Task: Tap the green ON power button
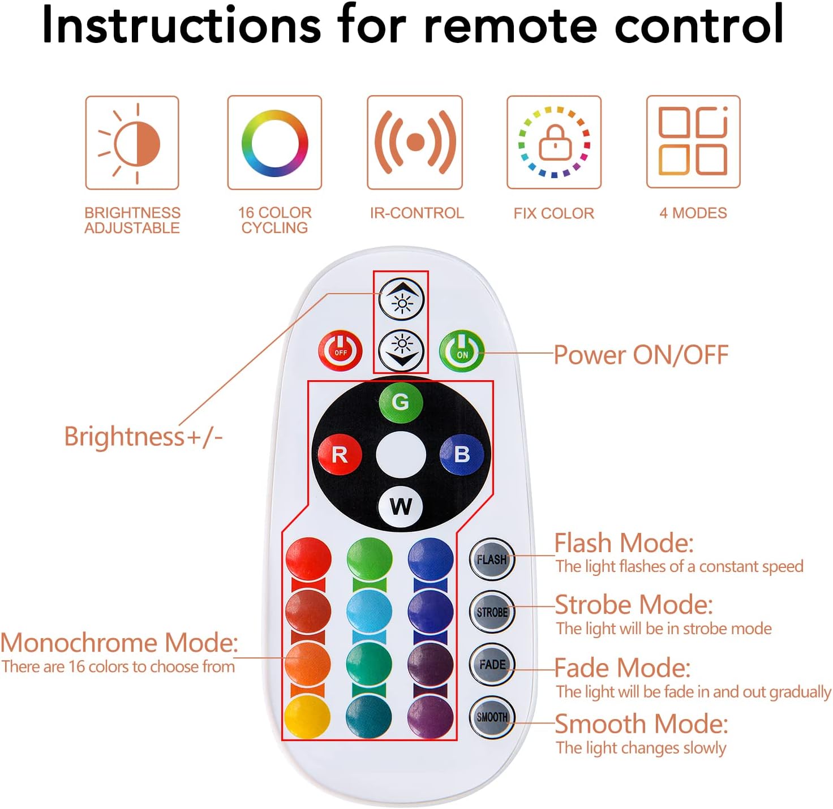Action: (462, 351)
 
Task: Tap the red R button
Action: (340, 454)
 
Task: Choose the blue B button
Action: (462, 454)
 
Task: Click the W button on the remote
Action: (401, 506)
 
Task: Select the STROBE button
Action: (492, 612)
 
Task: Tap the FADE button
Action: (492, 664)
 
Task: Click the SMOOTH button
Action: (492, 717)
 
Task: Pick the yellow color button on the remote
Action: (308, 717)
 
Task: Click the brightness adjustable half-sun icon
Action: (132, 143)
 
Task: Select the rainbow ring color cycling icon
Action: (274, 143)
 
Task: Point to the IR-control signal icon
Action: (415, 143)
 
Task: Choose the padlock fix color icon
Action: (554, 143)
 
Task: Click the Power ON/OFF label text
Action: (641, 355)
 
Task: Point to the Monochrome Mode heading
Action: (119, 643)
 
